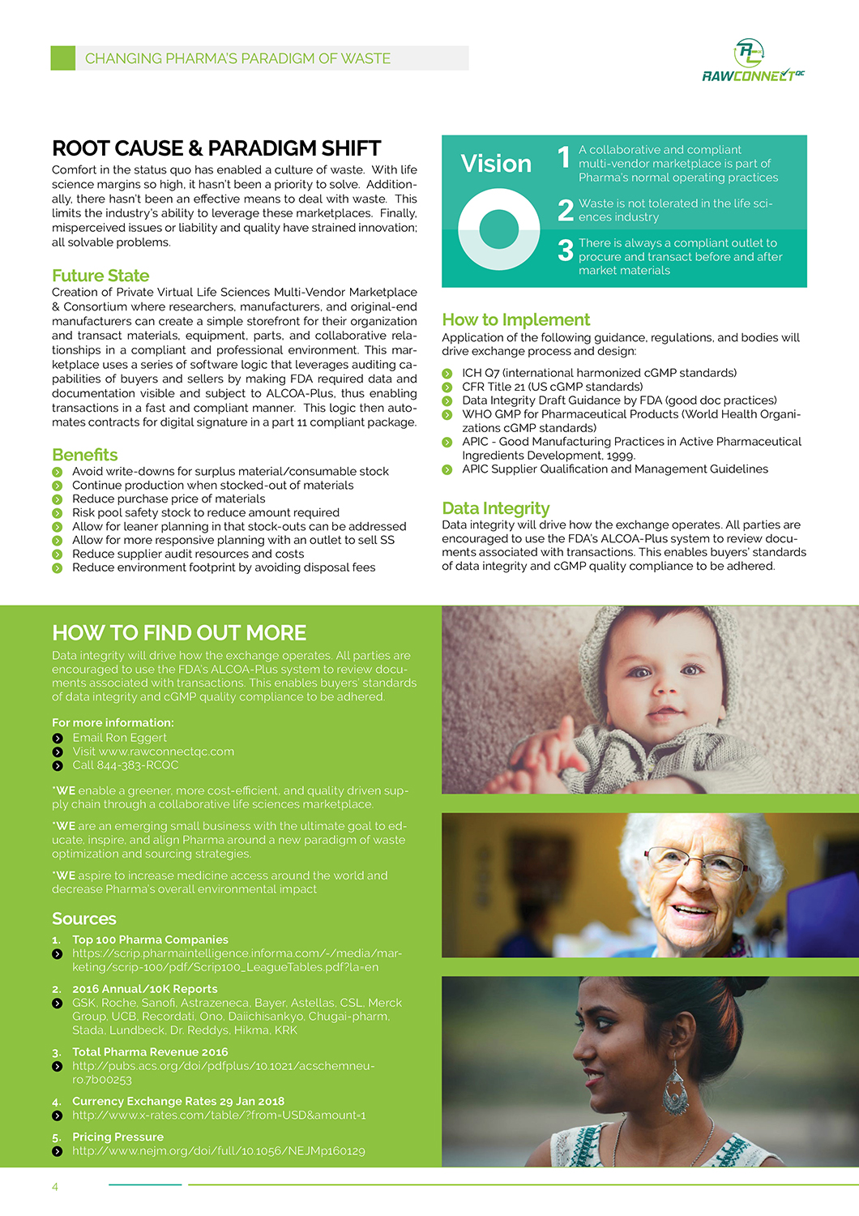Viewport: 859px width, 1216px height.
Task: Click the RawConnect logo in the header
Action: (752, 62)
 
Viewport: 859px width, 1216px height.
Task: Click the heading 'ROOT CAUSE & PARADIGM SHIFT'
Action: (216, 148)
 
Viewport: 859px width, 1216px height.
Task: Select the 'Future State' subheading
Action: (100, 276)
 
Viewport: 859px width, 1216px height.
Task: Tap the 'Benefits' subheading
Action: (85, 455)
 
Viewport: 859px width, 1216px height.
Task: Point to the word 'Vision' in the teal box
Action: (496, 164)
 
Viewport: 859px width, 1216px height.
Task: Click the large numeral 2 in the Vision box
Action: (566, 210)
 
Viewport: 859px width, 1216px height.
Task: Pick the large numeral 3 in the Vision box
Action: (566, 250)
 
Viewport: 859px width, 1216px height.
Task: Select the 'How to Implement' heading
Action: (516, 319)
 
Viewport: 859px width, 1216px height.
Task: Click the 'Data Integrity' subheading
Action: (496, 508)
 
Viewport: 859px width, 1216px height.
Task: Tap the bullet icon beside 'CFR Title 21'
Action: (447, 387)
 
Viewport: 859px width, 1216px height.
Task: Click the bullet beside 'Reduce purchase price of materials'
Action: (58, 499)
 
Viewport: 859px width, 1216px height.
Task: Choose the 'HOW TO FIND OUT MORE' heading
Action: (179, 633)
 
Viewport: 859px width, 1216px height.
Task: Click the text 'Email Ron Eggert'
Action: (119, 738)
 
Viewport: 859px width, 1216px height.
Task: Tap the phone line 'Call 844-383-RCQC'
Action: (126, 765)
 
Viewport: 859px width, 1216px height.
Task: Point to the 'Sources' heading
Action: (84, 918)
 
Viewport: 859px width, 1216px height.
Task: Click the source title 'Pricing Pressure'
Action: (118, 1137)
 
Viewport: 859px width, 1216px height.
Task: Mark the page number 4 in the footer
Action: (55, 1187)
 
